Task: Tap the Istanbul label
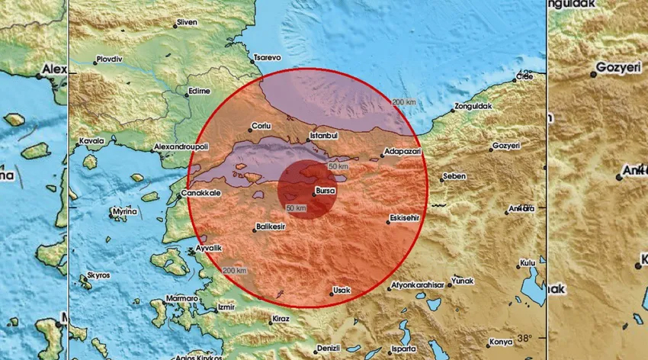pyautogui.click(x=321, y=136)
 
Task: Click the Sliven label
pyautogui.click(x=186, y=23)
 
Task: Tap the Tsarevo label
pyautogui.click(x=267, y=56)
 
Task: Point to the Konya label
pyautogui.click(x=501, y=341)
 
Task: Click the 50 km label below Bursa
pyautogui.click(x=297, y=207)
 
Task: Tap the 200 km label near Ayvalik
pyautogui.click(x=236, y=271)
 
